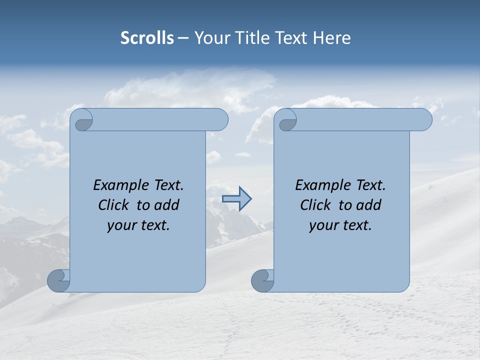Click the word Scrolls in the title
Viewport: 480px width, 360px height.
point(147,38)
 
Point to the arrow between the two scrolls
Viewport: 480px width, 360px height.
point(236,199)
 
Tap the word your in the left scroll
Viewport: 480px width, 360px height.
point(120,225)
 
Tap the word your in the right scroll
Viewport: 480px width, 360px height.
point(322,225)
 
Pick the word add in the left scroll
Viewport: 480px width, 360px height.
point(167,205)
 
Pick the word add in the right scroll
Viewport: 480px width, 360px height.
point(369,205)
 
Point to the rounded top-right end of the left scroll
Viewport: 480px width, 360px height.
point(220,119)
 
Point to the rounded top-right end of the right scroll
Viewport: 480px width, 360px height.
point(424,119)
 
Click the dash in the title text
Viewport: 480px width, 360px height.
point(183,38)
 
